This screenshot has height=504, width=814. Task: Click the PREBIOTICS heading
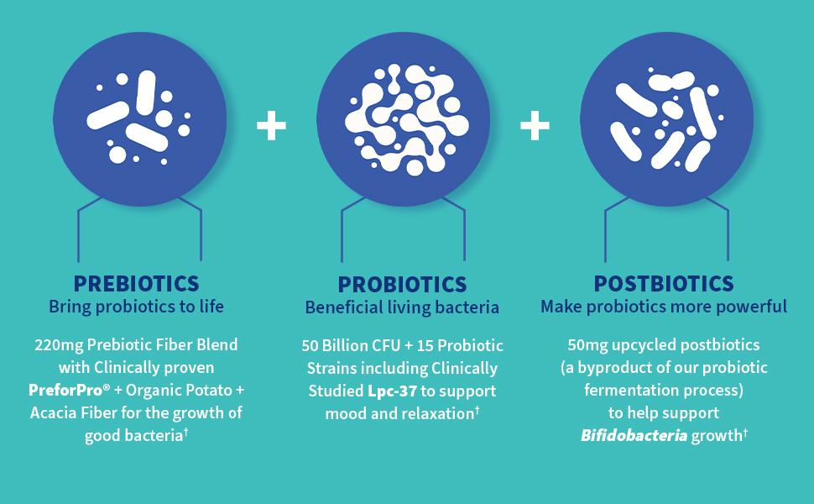[136, 284]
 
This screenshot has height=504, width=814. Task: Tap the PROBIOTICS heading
[402, 285]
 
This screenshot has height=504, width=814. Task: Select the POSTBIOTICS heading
[664, 284]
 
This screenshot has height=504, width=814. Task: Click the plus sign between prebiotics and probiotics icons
[272, 125]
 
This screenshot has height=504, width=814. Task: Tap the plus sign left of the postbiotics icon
[535, 125]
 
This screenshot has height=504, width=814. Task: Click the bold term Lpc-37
[392, 391]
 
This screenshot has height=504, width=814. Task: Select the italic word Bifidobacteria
[634, 435]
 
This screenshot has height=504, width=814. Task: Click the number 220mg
[59, 345]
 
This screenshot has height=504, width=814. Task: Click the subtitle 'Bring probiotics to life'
[136, 307]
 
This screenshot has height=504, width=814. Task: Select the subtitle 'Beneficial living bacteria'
[402, 307]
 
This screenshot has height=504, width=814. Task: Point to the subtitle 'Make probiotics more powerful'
[664, 307]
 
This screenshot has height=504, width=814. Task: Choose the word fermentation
[629, 391]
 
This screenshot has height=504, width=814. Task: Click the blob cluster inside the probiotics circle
[407, 119]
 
